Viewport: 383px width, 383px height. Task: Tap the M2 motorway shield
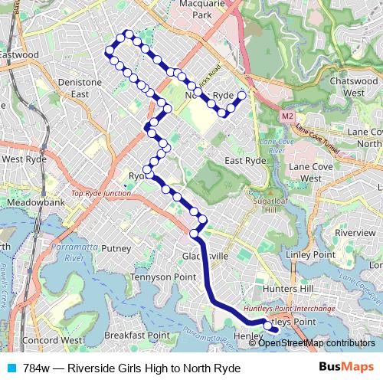[x=286, y=116]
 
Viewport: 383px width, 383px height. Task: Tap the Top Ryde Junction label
[x=101, y=194]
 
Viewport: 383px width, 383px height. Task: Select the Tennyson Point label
[x=162, y=276]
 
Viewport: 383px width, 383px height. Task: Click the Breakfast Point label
[x=137, y=335]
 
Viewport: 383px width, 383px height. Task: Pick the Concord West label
[x=53, y=339]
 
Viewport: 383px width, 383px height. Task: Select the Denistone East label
[x=80, y=87]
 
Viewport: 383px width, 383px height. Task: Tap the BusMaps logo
[x=348, y=368]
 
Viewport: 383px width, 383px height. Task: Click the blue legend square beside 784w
[x=9, y=368]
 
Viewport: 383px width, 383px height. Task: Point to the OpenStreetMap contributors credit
[x=317, y=343]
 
